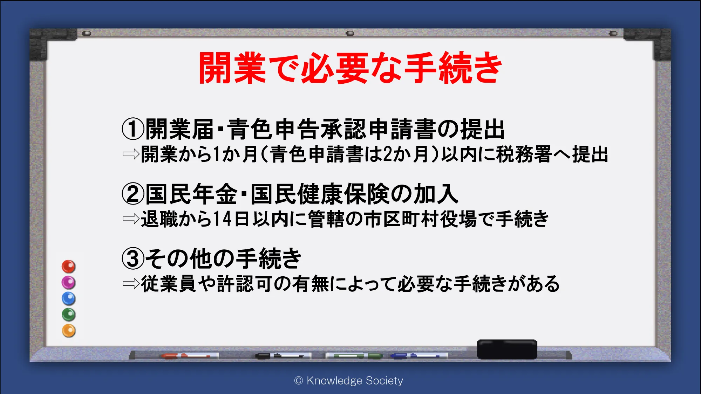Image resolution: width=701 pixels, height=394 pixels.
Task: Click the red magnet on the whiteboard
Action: (69, 267)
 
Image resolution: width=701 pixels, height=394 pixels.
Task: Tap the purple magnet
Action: (69, 283)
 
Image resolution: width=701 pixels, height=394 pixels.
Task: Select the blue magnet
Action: (69, 299)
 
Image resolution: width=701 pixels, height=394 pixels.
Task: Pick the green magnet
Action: (69, 315)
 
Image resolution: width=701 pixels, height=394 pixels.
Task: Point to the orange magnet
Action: (69, 331)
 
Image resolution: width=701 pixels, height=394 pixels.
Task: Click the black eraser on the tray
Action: (507, 349)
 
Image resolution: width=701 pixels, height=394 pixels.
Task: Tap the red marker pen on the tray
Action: (190, 356)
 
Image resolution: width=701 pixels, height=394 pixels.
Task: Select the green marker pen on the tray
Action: (354, 356)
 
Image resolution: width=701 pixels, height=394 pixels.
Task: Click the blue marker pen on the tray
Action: (419, 356)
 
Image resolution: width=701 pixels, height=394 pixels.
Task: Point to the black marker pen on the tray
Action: (283, 356)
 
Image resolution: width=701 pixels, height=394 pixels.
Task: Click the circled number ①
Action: (133, 129)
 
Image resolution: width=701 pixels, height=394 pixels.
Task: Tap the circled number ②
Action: (133, 194)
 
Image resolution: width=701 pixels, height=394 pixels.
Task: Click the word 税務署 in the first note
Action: (524, 154)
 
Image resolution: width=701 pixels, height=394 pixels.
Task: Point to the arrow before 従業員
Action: (131, 284)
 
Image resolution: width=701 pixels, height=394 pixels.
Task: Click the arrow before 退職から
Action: (131, 219)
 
